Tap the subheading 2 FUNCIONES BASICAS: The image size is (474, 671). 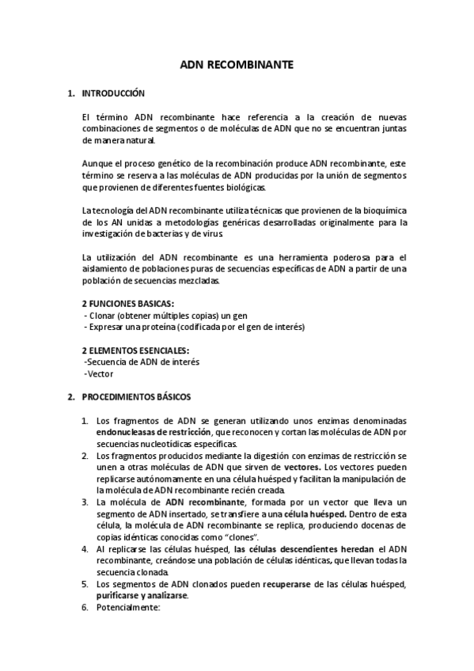(128, 304)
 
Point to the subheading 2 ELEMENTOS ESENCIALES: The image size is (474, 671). (135, 350)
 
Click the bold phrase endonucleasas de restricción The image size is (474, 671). (152, 433)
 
